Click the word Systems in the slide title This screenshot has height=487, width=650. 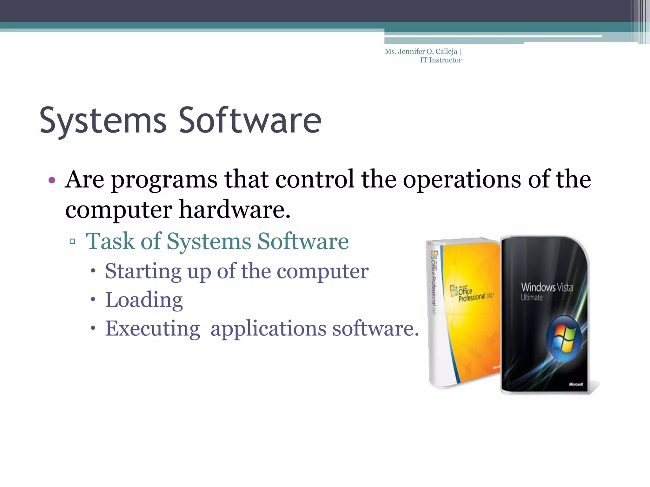(x=103, y=120)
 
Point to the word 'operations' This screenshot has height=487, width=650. (x=462, y=179)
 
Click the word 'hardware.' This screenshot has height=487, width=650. (x=235, y=210)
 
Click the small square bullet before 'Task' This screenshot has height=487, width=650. (x=72, y=242)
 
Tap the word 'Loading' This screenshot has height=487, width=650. (x=144, y=300)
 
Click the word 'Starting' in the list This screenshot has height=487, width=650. (x=143, y=271)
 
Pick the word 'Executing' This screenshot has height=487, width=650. (x=152, y=328)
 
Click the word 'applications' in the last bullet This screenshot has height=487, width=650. (x=268, y=329)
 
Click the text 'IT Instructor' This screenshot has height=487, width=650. (x=441, y=60)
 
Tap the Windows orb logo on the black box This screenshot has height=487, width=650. (x=564, y=339)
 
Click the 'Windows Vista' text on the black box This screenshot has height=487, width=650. (x=547, y=287)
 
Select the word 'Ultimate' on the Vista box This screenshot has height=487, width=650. (x=532, y=297)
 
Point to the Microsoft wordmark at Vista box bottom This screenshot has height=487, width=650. (x=576, y=384)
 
